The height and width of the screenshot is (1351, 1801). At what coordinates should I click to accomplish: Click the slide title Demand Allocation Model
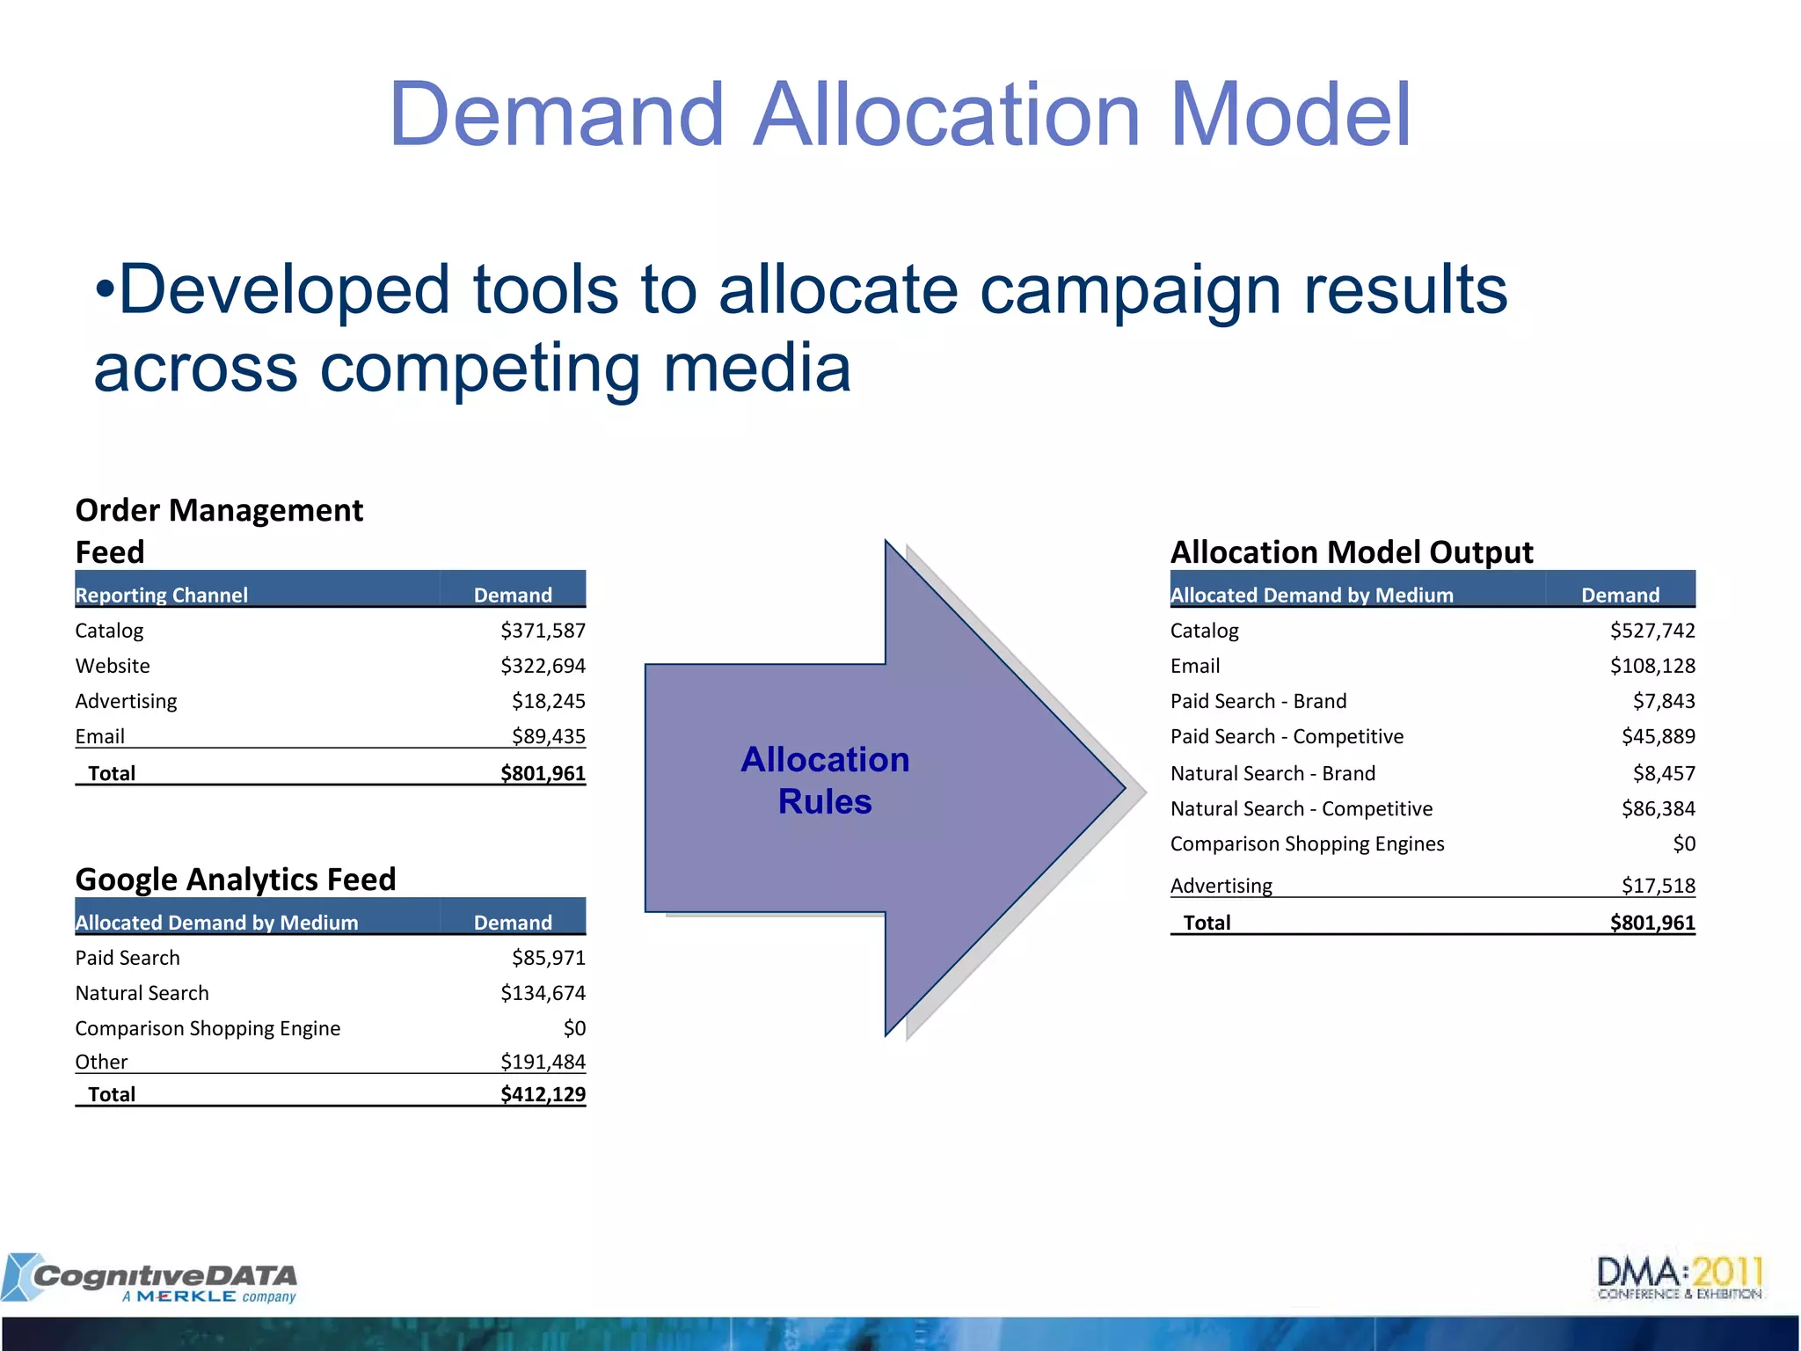pyautogui.click(x=900, y=114)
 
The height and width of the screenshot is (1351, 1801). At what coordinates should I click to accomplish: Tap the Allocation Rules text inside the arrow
pyautogui.click(x=825, y=780)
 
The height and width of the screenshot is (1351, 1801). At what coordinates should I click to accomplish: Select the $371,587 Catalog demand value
pyautogui.click(x=543, y=631)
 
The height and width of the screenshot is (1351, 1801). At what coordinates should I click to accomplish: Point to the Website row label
pyautogui.click(x=113, y=666)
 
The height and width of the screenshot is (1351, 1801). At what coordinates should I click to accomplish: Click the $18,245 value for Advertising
pyautogui.click(x=548, y=701)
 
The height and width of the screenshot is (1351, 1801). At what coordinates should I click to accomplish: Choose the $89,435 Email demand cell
pyautogui.click(x=548, y=736)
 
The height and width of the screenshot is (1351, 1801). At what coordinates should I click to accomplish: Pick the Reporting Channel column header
pyautogui.click(x=162, y=595)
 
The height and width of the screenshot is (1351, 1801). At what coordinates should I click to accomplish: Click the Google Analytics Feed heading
pyautogui.click(x=236, y=879)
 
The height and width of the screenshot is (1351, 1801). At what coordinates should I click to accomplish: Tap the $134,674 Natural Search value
pyautogui.click(x=543, y=993)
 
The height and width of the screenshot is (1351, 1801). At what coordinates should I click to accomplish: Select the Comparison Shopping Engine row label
pyautogui.click(x=208, y=1028)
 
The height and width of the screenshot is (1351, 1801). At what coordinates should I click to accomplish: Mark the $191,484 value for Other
pyautogui.click(x=543, y=1062)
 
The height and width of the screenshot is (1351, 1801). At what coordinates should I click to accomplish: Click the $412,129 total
pyautogui.click(x=543, y=1094)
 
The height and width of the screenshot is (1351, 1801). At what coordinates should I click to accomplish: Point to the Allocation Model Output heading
pyautogui.click(x=1352, y=552)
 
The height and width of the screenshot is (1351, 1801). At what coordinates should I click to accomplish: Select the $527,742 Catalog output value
pyautogui.click(x=1652, y=631)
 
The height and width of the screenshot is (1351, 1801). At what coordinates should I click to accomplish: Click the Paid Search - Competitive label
pyautogui.click(x=1287, y=736)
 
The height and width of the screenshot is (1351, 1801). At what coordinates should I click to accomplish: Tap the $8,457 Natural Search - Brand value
pyautogui.click(x=1664, y=773)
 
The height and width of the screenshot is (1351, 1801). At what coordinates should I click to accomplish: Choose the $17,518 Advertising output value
pyautogui.click(x=1658, y=886)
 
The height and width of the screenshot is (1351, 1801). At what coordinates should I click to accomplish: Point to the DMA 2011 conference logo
pyautogui.click(x=1680, y=1278)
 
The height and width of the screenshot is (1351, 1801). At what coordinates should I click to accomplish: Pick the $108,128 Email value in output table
pyautogui.click(x=1652, y=666)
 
